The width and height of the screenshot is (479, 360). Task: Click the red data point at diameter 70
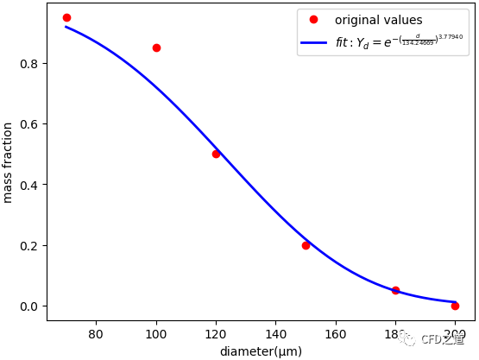66,17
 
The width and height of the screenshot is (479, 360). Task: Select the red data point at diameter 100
156,47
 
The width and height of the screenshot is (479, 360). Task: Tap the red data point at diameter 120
216,154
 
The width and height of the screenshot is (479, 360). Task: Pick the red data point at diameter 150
306,245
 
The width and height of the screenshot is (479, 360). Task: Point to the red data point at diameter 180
395,290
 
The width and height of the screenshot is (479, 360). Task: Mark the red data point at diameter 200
455,306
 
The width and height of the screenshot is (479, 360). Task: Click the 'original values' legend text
378,20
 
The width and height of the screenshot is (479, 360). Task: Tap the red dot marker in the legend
314,20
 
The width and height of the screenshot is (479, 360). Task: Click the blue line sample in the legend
314,41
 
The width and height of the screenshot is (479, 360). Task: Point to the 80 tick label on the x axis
96,333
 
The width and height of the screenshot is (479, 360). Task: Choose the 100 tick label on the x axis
156,333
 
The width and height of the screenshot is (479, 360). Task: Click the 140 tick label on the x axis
275,333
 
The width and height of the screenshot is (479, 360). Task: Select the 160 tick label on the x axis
336,333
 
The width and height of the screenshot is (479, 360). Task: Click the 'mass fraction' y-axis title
9,162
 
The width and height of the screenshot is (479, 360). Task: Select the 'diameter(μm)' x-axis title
261,351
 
